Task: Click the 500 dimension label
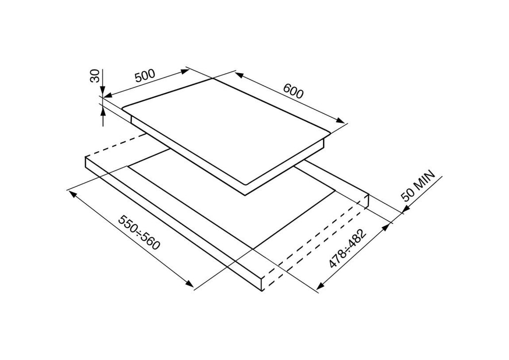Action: pyautogui.click(x=145, y=76)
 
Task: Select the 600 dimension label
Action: pyautogui.click(x=293, y=91)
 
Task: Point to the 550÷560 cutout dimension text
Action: pyautogui.click(x=139, y=232)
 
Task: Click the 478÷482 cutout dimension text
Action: pyautogui.click(x=347, y=249)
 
